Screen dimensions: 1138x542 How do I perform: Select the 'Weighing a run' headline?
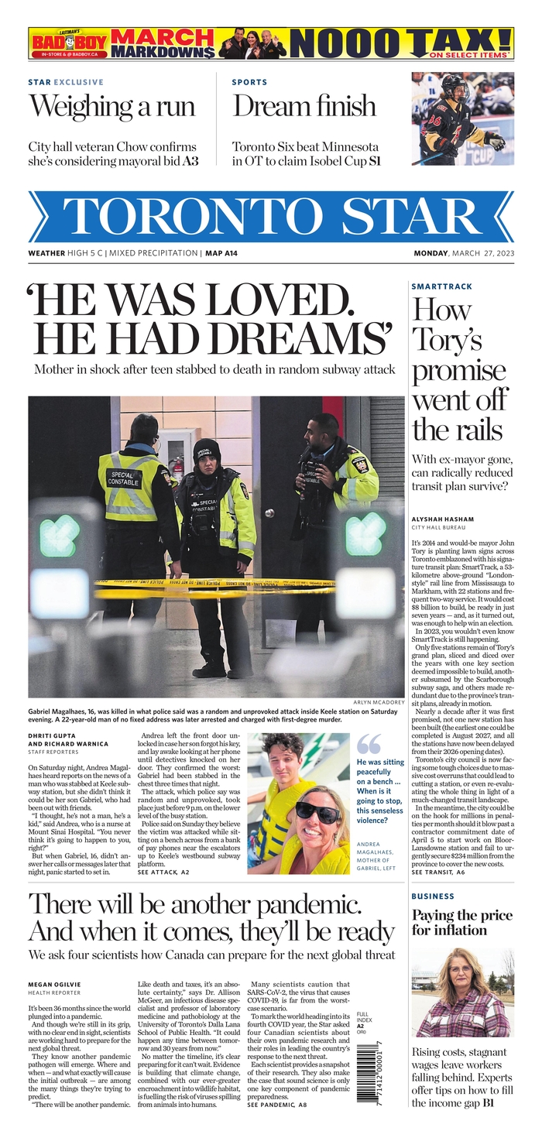tap(112, 106)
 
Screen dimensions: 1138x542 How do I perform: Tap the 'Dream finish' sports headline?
tap(304, 106)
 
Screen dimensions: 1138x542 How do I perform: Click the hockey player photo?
tap(462, 118)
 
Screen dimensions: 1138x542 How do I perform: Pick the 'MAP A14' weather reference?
tap(221, 253)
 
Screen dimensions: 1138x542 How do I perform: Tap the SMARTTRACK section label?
tap(441, 286)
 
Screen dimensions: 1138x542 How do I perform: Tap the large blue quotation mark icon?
tap(369, 744)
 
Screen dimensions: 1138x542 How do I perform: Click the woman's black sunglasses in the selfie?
tap(317, 812)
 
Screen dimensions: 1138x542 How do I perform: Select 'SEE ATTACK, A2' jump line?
tap(163, 872)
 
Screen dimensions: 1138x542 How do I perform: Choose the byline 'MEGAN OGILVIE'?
tap(54, 984)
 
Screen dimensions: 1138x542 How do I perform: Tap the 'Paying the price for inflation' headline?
tap(461, 922)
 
